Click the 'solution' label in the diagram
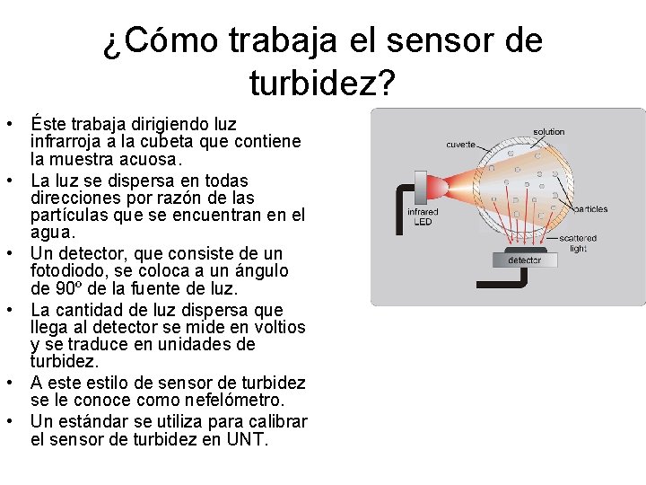point(548,132)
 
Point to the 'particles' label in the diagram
point(590,209)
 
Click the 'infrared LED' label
point(423,217)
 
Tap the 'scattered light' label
point(578,243)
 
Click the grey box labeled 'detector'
point(525,260)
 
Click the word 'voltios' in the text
point(276,327)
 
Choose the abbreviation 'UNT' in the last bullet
point(249,440)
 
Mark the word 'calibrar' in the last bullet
point(275,421)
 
